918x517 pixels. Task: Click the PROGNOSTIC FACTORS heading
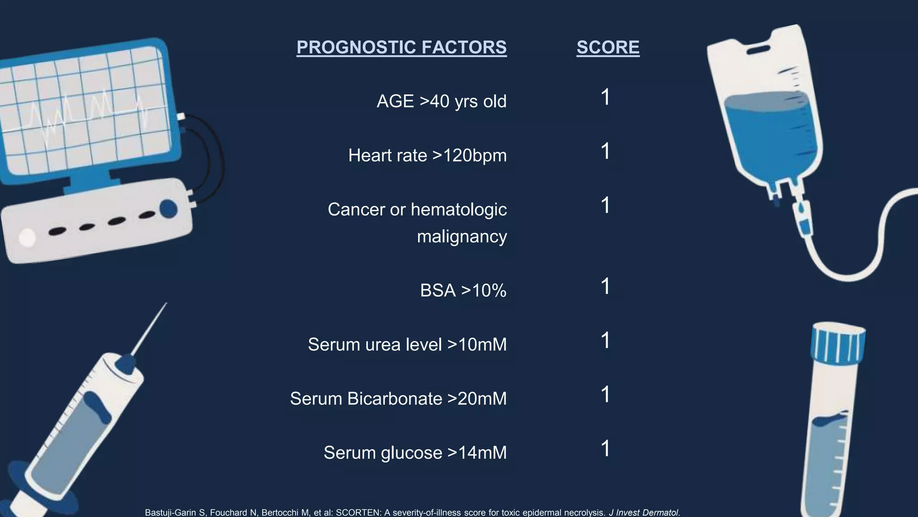tap(402, 48)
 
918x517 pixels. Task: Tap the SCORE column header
tap(608, 48)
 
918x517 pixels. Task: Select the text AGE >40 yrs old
tap(442, 101)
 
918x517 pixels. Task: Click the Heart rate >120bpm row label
tap(427, 156)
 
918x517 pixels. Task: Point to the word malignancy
tap(462, 237)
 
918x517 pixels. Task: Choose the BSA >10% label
tap(463, 290)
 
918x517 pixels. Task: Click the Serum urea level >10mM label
tap(407, 345)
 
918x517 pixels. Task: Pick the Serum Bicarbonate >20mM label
tap(398, 399)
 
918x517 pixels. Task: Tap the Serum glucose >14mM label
tap(415, 453)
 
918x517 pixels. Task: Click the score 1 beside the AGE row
tap(606, 97)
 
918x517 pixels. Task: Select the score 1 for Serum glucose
tap(606, 449)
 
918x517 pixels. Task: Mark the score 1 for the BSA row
tap(606, 286)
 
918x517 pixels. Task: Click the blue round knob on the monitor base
tap(169, 209)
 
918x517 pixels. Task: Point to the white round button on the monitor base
tap(27, 237)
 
